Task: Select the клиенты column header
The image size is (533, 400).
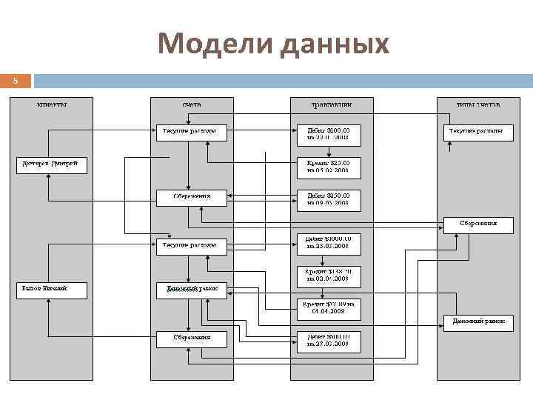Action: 52,104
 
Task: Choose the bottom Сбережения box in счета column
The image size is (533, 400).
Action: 192,338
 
